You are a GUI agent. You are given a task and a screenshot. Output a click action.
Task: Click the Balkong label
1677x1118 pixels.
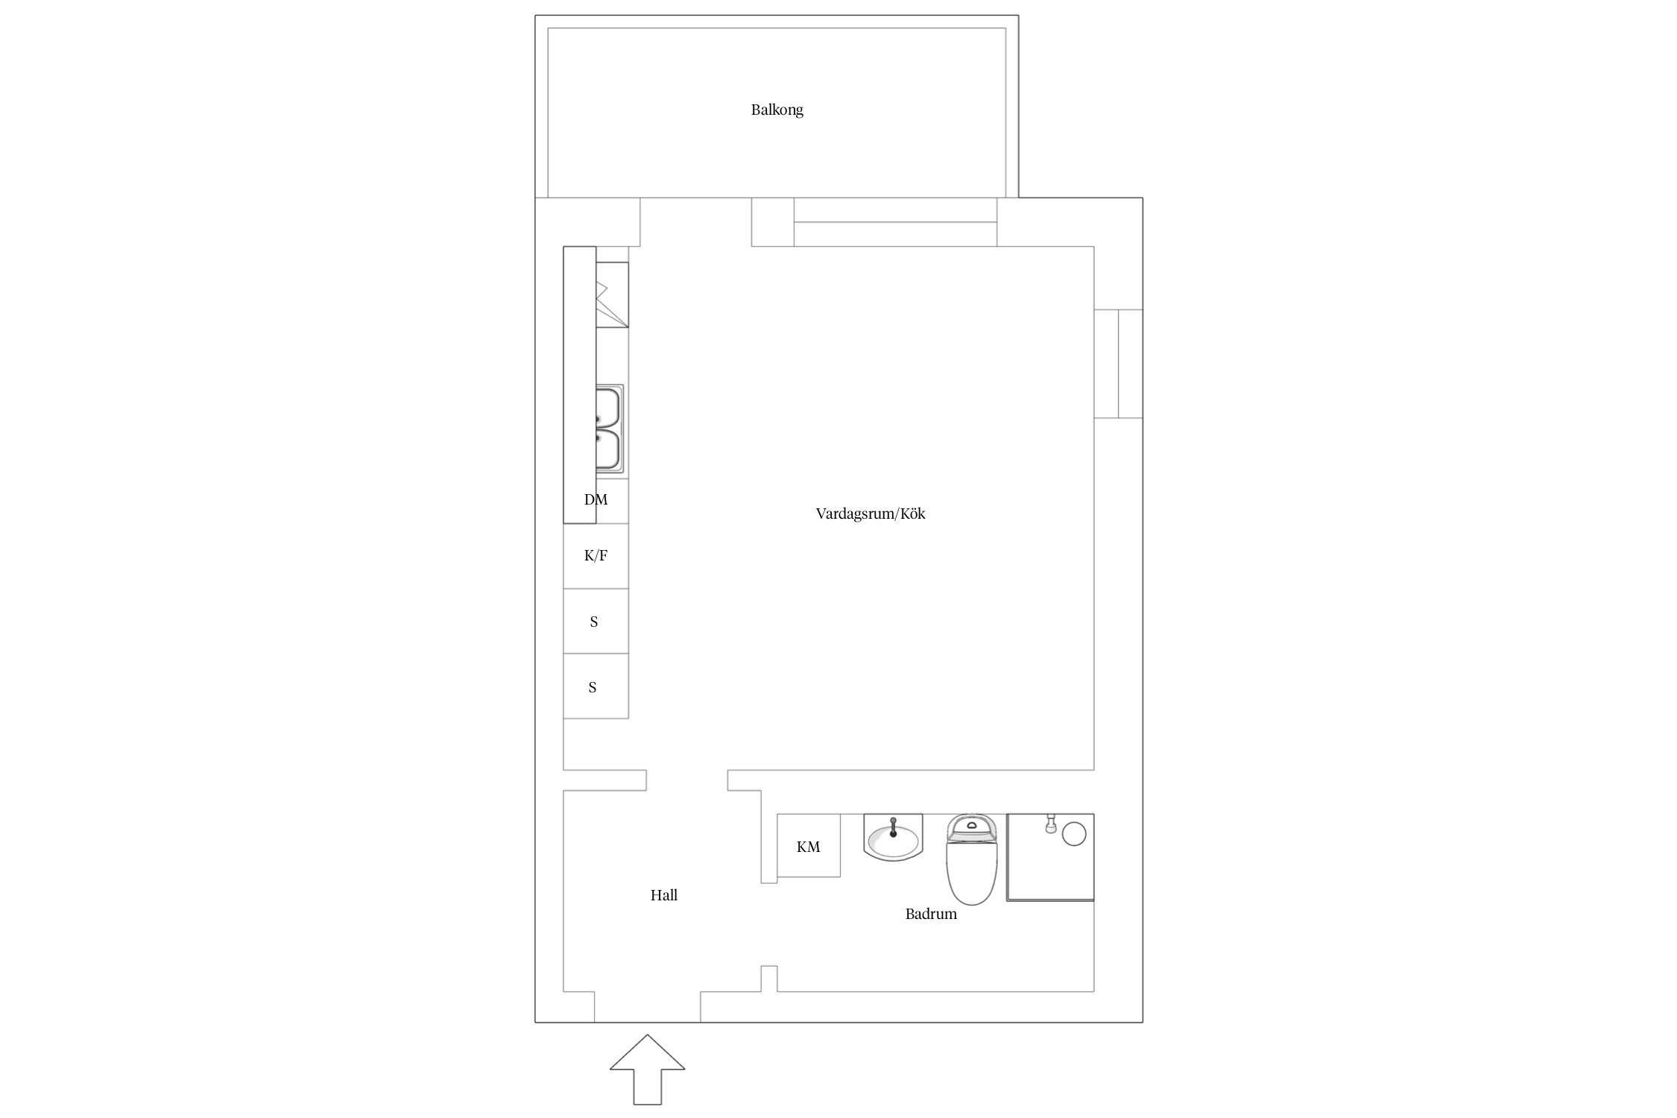coord(777,110)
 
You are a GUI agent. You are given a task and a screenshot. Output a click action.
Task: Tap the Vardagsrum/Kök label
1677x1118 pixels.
coord(871,514)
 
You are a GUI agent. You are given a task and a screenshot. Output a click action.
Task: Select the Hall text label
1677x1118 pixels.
coord(663,895)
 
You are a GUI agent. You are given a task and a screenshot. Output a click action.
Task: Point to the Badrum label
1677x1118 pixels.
coord(931,914)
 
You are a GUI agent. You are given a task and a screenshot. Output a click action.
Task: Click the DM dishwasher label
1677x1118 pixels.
coord(596,499)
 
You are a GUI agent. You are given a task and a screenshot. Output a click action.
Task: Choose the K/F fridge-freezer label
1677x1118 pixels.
coord(596,555)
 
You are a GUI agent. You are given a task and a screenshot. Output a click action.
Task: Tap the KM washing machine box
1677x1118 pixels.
coord(809,845)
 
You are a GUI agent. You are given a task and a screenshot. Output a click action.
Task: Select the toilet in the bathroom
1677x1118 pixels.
coord(971,859)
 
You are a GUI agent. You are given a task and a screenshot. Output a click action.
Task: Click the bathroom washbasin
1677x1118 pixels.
coord(893,837)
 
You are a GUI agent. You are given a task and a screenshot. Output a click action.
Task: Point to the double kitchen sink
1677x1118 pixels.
coord(609,429)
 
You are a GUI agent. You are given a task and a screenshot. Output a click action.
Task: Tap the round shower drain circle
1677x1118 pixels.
coord(1073,833)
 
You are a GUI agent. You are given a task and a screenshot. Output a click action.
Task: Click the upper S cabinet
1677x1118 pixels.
coord(596,621)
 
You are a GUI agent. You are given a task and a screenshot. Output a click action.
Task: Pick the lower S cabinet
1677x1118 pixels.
coord(596,686)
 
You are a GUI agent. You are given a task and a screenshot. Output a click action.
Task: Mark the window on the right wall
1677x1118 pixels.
coord(1118,364)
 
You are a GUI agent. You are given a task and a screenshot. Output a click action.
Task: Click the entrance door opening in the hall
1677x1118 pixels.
coord(647,1007)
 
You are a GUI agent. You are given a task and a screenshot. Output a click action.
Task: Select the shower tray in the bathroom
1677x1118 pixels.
coord(1050,857)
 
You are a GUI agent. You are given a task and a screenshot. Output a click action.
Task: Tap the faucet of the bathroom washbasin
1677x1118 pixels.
coord(893,827)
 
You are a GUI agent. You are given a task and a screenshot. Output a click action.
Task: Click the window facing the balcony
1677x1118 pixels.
coord(895,222)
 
